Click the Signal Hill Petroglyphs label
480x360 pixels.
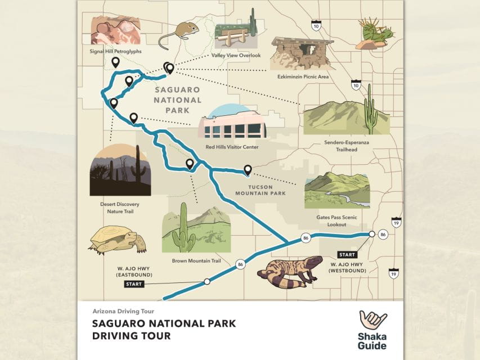pyautogui.click(x=115, y=51)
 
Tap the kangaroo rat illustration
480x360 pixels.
pyautogui.click(x=178, y=34)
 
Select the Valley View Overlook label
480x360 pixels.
pyautogui.click(x=236, y=56)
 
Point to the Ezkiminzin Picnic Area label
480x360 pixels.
pyautogui.click(x=303, y=76)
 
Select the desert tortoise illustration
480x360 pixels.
pyautogui.click(x=117, y=240)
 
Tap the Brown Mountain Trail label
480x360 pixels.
pyautogui.click(x=196, y=261)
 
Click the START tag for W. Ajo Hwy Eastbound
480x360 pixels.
pyautogui.click(x=134, y=284)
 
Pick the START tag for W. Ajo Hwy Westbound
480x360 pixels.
pyautogui.click(x=347, y=254)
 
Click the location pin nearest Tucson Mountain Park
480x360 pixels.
pyautogui.click(x=248, y=169)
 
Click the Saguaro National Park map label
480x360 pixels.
pyautogui.click(x=177, y=100)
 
